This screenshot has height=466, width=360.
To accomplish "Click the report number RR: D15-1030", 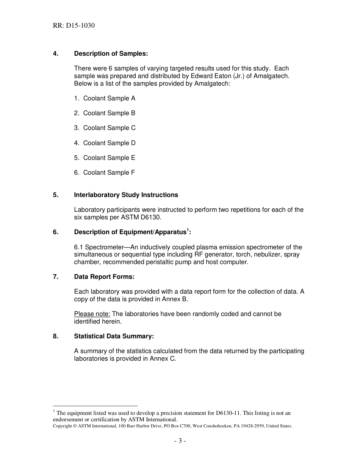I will pos(74,26).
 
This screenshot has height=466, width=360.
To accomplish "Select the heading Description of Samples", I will pos(111,54).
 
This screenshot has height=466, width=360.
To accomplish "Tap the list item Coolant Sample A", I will pos(109,99).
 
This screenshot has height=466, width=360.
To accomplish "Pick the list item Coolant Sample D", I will pos(109,143).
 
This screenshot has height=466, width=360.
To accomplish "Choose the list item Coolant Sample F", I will pos(109,173).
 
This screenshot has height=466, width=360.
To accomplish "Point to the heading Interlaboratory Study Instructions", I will pos(126,195).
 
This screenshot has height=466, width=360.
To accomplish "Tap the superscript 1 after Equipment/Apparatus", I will pos(188,230).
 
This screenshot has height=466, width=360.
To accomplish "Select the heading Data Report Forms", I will pos(104,277).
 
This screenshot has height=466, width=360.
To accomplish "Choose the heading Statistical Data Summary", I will pos(114,336).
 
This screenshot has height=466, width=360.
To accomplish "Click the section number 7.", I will pos(55,277).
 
